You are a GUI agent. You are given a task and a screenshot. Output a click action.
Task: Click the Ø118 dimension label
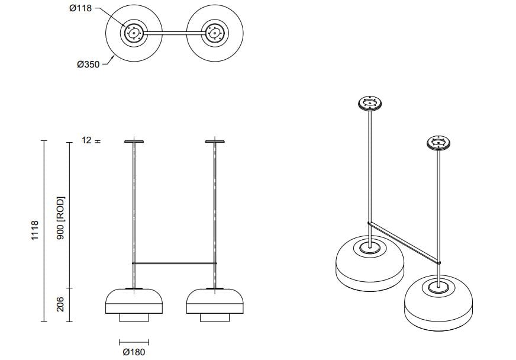click(80, 9)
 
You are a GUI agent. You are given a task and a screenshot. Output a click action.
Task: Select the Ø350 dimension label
click(88, 64)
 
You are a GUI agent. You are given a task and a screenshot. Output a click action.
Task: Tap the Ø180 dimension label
click(133, 352)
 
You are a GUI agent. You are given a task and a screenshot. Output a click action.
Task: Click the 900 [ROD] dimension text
click(60, 217)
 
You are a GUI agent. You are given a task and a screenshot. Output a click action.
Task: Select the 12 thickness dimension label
click(86, 141)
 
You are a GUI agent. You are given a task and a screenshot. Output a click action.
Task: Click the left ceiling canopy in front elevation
click(134, 142)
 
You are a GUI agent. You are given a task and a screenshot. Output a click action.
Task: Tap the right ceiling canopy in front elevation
click(214, 142)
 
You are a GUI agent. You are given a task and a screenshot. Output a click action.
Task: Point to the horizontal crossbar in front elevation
click(174, 262)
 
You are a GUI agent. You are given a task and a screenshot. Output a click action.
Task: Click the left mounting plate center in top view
click(134, 33)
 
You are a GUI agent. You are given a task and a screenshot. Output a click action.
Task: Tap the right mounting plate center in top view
click(214, 33)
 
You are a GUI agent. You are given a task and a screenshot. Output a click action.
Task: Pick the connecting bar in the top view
click(174, 33)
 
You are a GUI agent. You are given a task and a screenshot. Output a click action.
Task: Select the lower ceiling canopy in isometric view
click(439, 143)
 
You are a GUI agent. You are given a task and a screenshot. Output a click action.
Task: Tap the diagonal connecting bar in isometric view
click(404, 242)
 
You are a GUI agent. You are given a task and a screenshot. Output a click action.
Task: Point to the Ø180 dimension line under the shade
click(134, 342)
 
